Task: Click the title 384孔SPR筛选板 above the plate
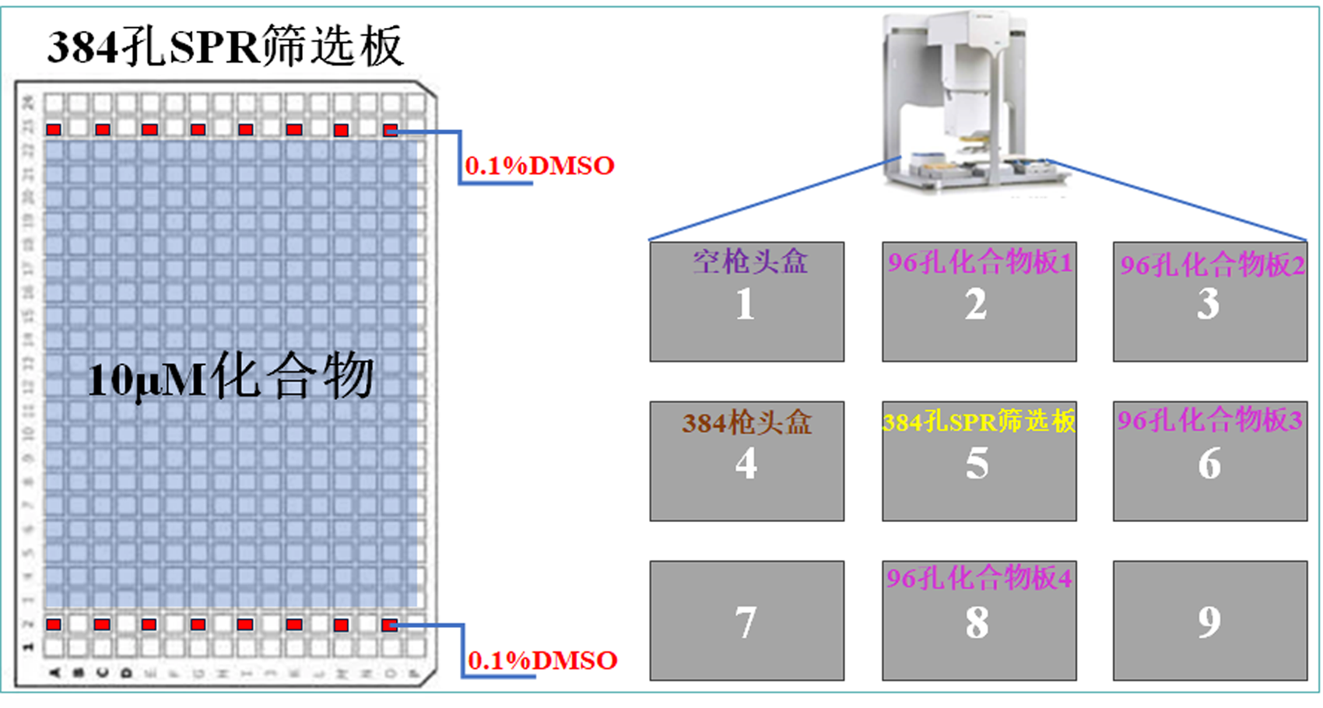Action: (226, 47)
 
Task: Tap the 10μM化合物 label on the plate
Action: (231, 377)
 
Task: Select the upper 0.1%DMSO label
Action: (539, 166)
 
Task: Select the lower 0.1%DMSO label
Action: (542, 661)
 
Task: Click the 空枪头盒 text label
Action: (750, 261)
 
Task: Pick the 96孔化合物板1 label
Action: (980, 262)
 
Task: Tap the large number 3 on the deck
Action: (1208, 304)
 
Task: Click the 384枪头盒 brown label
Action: (747, 422)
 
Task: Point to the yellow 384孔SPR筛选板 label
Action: (979, 421)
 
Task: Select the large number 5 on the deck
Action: (977, 464)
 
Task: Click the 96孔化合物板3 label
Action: (1210, 421)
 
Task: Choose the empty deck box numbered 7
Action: (746, 621)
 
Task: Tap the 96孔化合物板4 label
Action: (979, 578)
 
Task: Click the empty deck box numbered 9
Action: (1209, 621)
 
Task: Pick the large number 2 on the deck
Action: (976, 304)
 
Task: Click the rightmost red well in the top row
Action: (390, 129)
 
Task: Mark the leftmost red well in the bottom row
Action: (54, 624)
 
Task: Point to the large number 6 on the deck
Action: (1209, 464)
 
